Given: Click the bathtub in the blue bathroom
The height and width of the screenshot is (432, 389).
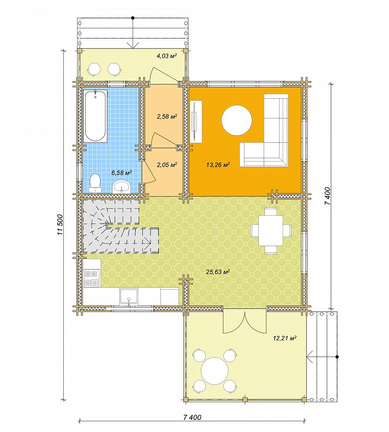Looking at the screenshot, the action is [x=95, y=116].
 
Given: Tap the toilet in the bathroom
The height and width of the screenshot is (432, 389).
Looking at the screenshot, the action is [x=95, y=183].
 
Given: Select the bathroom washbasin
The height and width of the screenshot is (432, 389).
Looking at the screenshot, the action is [x=122, y=187].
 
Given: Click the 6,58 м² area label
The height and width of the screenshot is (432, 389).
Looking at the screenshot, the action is [x=122, y=173].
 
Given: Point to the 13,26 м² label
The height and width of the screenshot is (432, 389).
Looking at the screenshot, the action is [x=218, y=165].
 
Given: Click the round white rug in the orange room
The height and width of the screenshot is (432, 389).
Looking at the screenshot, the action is [x=237, y=120].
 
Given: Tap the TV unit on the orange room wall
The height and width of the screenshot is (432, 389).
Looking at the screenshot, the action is [x=196, y=122].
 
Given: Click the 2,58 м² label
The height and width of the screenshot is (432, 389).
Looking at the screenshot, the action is [x=167, y=116].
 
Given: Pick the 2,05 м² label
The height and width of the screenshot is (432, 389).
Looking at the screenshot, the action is [x=167, y=165].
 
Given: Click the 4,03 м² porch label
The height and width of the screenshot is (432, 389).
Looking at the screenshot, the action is [x=167, y=56].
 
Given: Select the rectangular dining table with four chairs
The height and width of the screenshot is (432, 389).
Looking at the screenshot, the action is [x=271, y=230].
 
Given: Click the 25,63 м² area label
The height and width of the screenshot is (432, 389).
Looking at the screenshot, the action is [x=218, y=272].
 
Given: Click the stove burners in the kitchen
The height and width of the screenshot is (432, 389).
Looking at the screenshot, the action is [x=91, y=278].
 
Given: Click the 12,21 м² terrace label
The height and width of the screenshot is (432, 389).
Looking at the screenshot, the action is [x=285, y=338].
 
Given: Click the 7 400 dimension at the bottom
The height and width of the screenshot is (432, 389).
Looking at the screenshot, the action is [x=192, y=417].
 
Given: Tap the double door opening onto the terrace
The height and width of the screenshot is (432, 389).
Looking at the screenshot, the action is [x=245, y=321].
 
